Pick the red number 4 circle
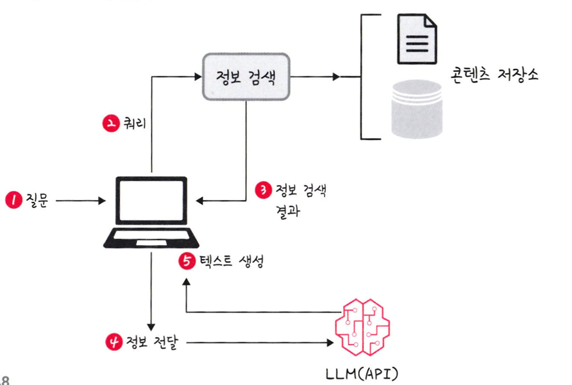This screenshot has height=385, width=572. [x=113, y=341]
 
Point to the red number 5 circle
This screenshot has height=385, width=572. [x=185, y=262]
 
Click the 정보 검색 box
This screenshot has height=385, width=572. [x=246, y=76]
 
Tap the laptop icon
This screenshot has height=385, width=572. [x=152, y=211]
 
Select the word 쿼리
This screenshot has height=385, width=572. [x=134, y=124]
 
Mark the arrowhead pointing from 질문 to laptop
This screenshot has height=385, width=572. [x=101, y=201]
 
